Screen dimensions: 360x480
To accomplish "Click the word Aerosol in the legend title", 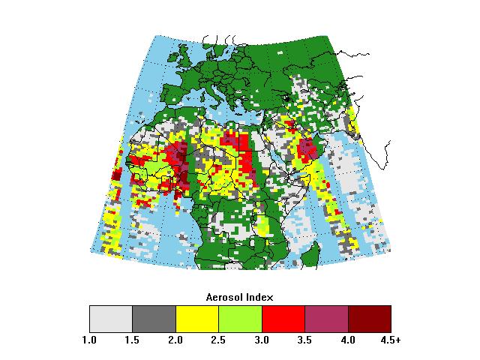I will [223, 297].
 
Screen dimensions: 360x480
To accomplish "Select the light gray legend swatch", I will [111, 319].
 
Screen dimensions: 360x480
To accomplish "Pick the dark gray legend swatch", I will [154, 319].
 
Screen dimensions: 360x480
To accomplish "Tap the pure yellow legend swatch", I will [197, 319].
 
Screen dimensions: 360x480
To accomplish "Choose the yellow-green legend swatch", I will [240, 319].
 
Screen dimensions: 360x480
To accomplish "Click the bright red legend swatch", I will [283, 319].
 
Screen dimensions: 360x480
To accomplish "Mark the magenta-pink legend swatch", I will [326, 319].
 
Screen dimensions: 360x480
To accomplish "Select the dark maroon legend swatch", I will [370, 319].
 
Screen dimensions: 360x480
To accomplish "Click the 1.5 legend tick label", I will [133, 340].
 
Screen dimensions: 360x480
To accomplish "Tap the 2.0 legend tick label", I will [175, 340].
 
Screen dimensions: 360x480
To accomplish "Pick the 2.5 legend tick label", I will [219, 340].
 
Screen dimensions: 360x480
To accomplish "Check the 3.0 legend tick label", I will [262, 340].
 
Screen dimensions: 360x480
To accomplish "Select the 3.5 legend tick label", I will [305, 340].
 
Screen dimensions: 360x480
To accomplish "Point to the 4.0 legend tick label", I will [348, 340].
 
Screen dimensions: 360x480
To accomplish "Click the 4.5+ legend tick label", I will [391, 340].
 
